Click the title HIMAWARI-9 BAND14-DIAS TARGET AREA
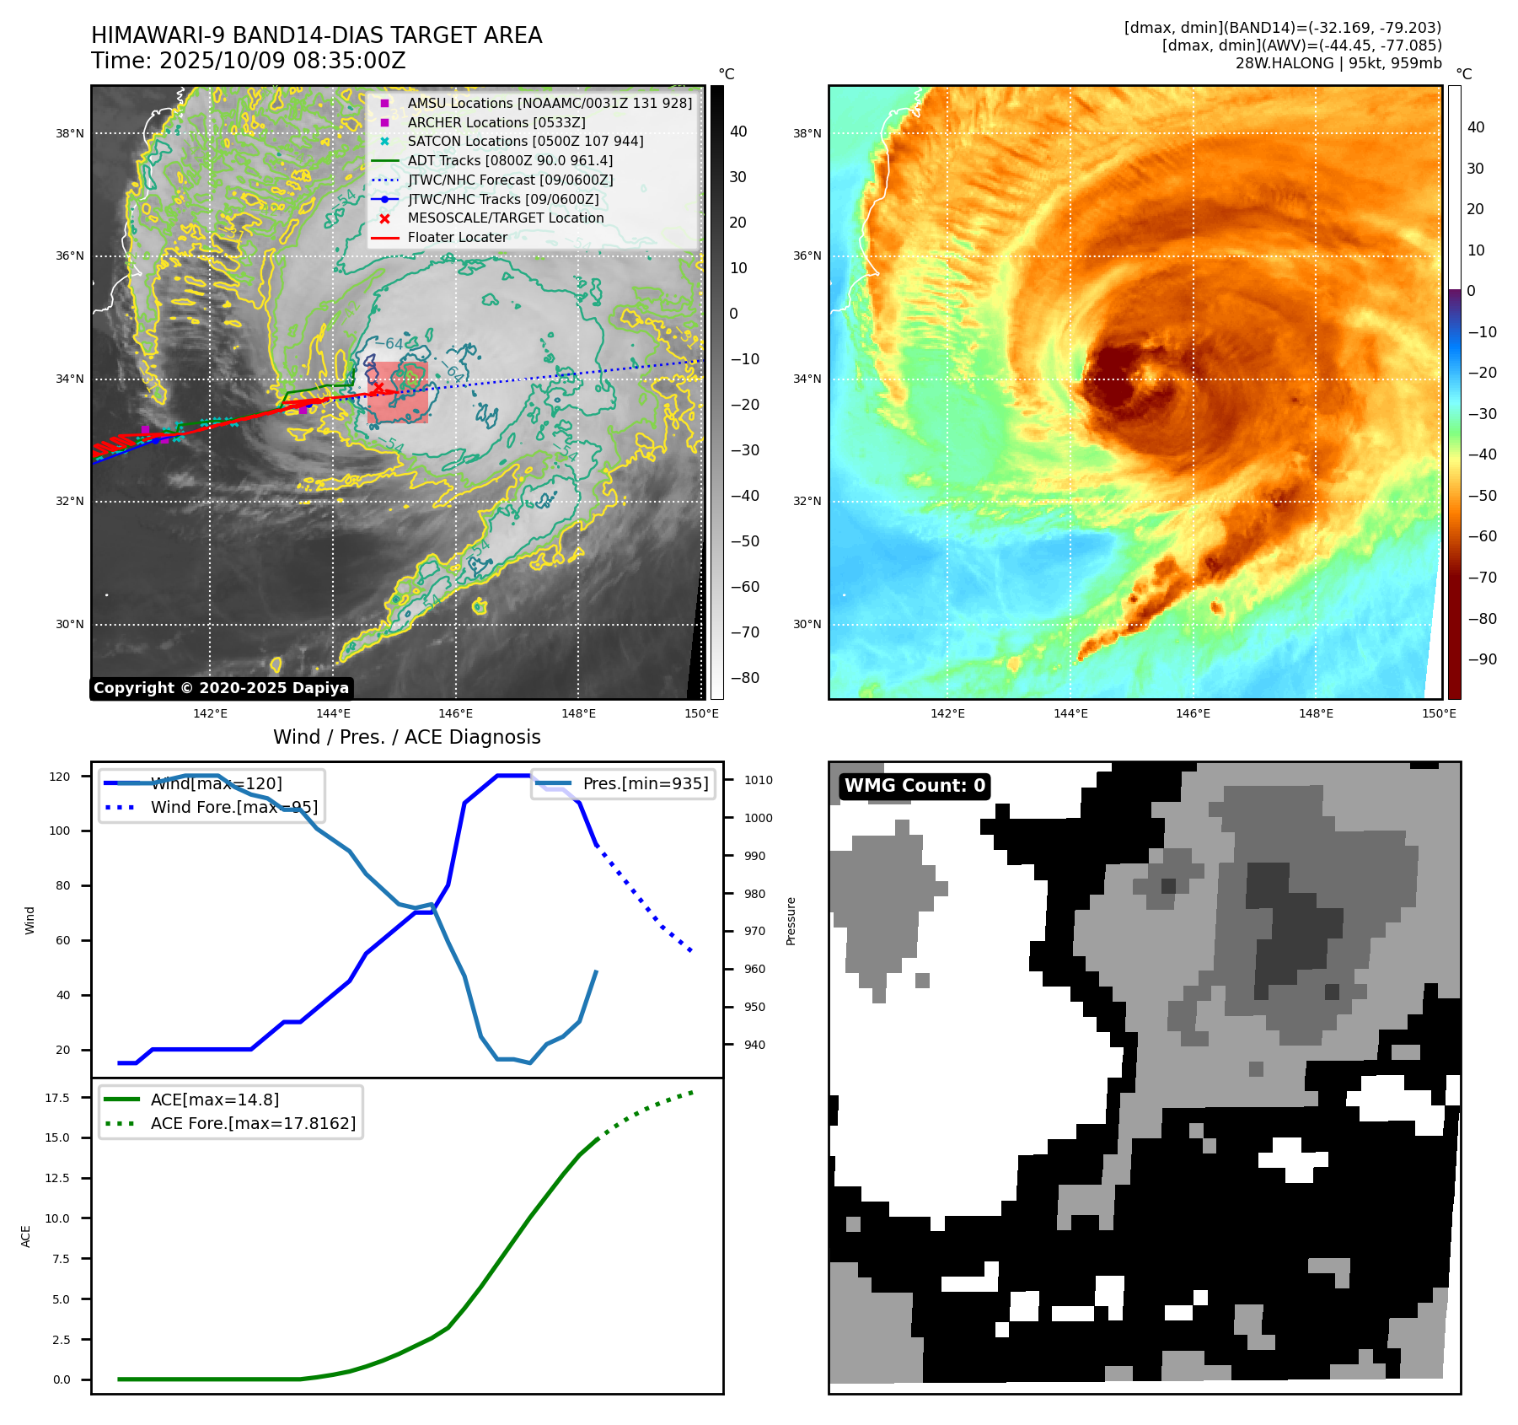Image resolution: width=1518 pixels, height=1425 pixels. tap(316, 35)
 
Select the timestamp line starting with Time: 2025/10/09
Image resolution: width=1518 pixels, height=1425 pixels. tap(249, 61)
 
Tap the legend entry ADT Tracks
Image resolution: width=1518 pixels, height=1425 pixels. tap(510, 160)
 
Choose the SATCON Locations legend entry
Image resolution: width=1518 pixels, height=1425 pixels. tap(525, 141)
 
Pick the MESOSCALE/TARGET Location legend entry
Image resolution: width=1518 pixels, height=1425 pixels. tap(506, 218)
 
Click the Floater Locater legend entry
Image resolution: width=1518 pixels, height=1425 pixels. tap(458, 237)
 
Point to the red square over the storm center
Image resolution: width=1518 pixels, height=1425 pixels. tap(398, 392)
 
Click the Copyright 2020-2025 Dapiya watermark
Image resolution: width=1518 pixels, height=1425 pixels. tap(221, 688)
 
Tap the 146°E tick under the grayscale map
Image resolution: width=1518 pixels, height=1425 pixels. tap(456, 713)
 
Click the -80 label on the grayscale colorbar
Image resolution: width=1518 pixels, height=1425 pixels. tap(744, 678)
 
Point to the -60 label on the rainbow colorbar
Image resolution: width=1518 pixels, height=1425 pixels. tap(1482, 536)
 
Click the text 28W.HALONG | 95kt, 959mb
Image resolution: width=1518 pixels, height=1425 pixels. tap(1338, 63)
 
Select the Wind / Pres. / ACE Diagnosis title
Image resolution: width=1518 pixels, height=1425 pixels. tap(407, 737)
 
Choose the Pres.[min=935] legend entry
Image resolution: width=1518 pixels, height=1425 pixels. tap(646, 783)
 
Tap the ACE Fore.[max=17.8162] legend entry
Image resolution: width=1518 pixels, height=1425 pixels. tap(253, 1123)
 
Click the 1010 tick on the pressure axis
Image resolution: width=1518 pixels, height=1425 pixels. tap(758, 780)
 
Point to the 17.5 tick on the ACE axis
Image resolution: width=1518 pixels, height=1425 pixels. tap(57, 1098)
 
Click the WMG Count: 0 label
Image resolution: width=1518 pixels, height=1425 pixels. tap(915, 786)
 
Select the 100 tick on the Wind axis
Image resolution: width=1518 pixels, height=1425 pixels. tap(60, 831)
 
